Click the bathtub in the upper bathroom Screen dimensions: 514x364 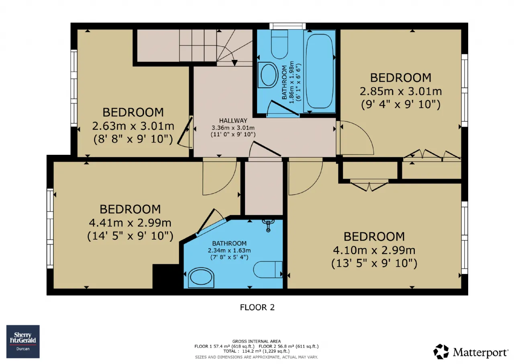coord(319,71)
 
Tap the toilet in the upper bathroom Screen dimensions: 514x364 coord(279,45)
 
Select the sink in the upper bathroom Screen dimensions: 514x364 coord(268,75)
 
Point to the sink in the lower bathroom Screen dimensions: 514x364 coord(201,278)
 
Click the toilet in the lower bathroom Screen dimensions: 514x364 coord(268,269)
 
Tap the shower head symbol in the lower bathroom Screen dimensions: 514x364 coord(268,225)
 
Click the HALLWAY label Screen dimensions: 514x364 coord(233,120)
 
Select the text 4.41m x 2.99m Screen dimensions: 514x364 coord(130,223)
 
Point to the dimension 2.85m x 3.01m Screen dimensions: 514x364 coord(401,91)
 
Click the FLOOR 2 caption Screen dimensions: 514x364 coord(257,307)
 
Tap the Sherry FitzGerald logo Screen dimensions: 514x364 coord(23,341)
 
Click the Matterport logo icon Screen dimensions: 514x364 coord(441,352)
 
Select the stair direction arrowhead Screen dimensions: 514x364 coord(235,62)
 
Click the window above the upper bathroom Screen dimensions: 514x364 coord(288,26)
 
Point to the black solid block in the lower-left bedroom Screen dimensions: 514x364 coord(166,276)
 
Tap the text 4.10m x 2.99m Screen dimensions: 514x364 coord(374,250)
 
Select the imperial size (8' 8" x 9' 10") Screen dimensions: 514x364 coord(133,139)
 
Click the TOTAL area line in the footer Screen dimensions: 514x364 coord(257,351)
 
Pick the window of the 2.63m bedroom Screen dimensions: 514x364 coord(74,88)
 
